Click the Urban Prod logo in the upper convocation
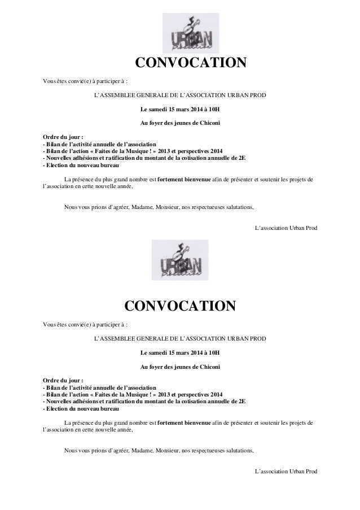tap(190, 33)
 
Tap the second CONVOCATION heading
tap(179, 307)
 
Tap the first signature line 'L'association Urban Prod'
tap(286, 227)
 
